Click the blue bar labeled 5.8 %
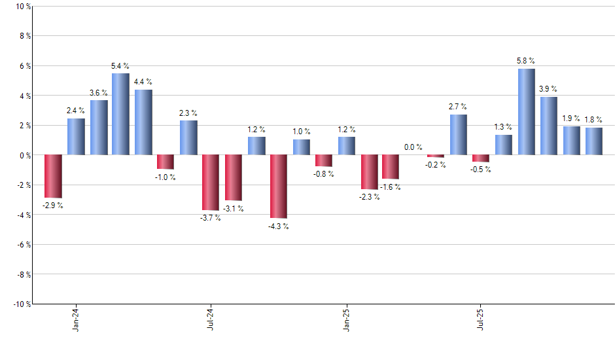click(526, 112)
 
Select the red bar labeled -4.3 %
click(279, 187)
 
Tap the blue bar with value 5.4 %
click(120, 114)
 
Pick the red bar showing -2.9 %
click(53, 176)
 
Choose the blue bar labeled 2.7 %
click(459, 135)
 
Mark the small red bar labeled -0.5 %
click(481, 158)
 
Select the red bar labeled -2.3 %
click(369, 172)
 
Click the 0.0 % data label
click(413, 147)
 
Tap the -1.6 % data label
click(391, 187)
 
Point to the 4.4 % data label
click(143, 82)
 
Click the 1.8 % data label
click(593, 119)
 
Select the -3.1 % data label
click(233, 209)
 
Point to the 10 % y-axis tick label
click(22, 7)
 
